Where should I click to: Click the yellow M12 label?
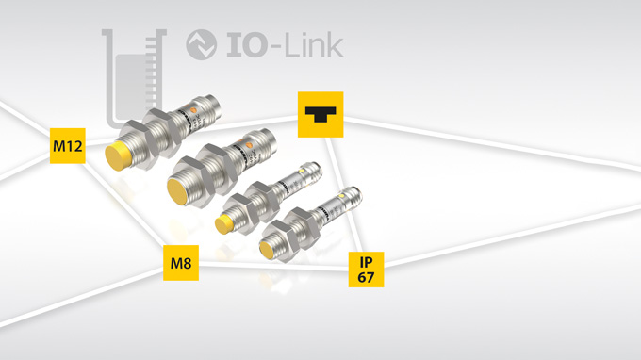coord(68,146)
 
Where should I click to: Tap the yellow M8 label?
coord(181,263)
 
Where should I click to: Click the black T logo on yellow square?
coord(320,115)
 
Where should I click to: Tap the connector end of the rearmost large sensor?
coord(212,102)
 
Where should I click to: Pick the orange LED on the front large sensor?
coord(250,144)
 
